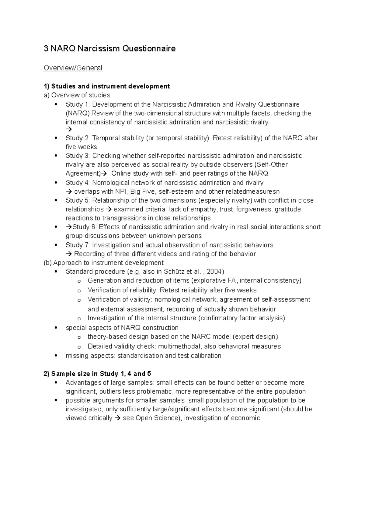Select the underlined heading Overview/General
[73, 68]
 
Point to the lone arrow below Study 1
[68, 129]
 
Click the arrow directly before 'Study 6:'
[69, 227]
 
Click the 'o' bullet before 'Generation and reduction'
[79, 281]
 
